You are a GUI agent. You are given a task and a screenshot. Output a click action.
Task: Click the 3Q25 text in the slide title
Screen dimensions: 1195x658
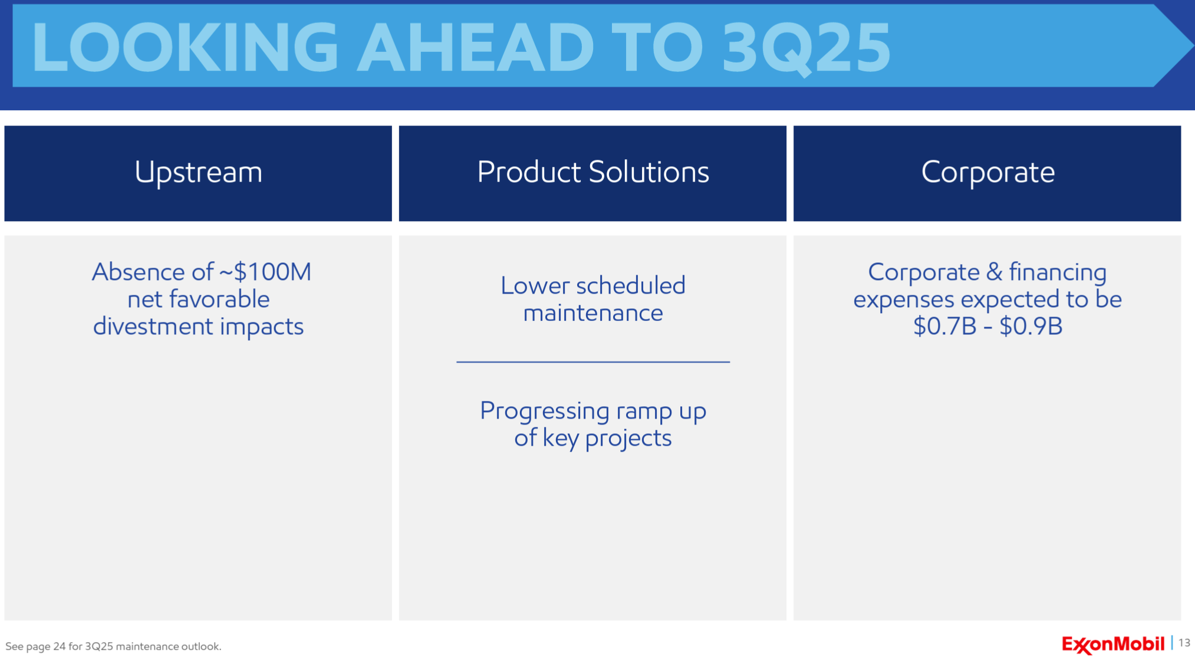tap(806, 48)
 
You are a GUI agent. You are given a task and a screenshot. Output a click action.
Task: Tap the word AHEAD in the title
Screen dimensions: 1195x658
tap(476, 47)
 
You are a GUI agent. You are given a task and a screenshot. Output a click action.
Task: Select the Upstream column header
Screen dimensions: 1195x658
tap(198, 173)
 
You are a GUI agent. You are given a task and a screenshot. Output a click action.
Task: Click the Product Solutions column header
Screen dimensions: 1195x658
tap(592, 173)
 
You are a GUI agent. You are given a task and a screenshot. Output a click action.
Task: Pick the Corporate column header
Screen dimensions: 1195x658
tap(987, 173)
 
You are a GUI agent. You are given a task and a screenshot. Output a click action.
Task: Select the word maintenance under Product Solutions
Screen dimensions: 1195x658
tap(593, 312)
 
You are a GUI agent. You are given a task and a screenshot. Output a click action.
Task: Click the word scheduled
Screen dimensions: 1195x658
tap(631, 285)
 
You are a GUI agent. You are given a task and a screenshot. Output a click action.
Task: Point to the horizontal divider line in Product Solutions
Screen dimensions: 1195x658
tap(593, 361)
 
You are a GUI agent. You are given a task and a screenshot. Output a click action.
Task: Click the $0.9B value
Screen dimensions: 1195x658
tap(1031, 326)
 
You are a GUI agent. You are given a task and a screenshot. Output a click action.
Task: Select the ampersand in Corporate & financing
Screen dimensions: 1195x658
tap(994, 272)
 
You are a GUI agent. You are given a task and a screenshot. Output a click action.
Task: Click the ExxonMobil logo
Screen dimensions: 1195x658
tap(1113, 644)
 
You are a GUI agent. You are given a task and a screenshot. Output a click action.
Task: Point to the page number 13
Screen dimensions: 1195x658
tap(1184, 643)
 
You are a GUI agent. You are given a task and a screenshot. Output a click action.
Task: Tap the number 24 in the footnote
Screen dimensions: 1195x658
tap(60, 646)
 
